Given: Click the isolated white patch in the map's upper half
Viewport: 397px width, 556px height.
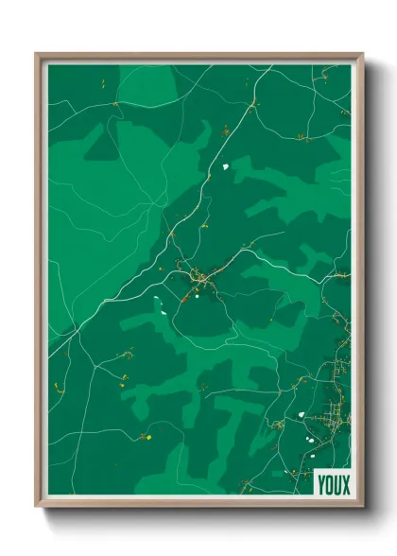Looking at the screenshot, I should click(227, 167).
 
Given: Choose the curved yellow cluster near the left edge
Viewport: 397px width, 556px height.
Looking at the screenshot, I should click(58, 386).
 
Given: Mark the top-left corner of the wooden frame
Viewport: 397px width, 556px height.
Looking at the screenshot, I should click(37, 54).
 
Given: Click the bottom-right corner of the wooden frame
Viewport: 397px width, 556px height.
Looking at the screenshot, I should click(362, 508).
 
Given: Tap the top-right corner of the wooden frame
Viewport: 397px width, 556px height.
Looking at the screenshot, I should click(362, 54).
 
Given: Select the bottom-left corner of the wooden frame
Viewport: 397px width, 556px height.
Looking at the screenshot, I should click(37, 508).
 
